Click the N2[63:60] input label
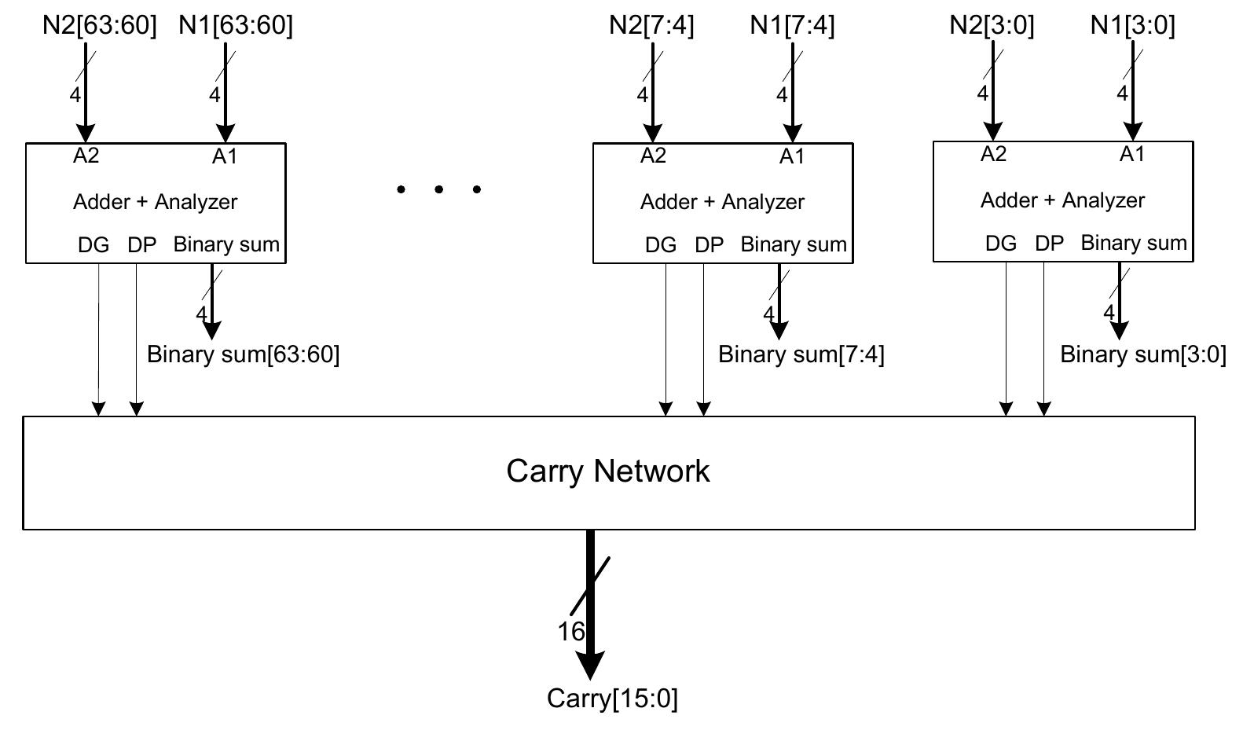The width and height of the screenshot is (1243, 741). (x=100, y=25)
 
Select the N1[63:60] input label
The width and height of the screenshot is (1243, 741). (x=236, y=25)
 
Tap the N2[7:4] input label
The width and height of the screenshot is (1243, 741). (x=651, y=25)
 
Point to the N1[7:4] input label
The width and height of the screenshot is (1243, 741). (x=792, y=25)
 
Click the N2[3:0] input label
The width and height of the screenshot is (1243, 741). (x=992, y=25)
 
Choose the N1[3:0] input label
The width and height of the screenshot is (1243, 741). (x=1132, y=25)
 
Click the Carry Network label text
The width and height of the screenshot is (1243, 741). (x=608, y=471)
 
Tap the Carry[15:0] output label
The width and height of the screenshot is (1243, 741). (x=612, y=698)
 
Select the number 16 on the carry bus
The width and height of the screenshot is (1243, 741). (x=571, y=631)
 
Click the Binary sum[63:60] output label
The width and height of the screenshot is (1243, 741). (x=244, y=354)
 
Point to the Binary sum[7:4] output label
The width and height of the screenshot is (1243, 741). (x=801, y=354)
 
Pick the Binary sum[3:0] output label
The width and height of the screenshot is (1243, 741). (x=1143, y=354)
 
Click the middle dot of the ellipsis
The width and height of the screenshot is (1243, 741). (x=438, y=189)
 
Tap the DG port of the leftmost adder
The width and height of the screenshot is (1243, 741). (x=93, y=245)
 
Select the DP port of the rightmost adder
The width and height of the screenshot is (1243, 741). (x=1049, y=244)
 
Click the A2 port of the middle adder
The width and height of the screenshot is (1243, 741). (x=653, y=156)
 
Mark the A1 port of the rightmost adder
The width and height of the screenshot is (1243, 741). (x=1132, y=154)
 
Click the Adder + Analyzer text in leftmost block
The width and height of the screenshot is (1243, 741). (x=155, y=202)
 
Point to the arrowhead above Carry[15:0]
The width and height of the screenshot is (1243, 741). (x=590, y=666)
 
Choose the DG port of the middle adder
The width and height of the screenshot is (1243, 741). (x=661, y=245)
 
